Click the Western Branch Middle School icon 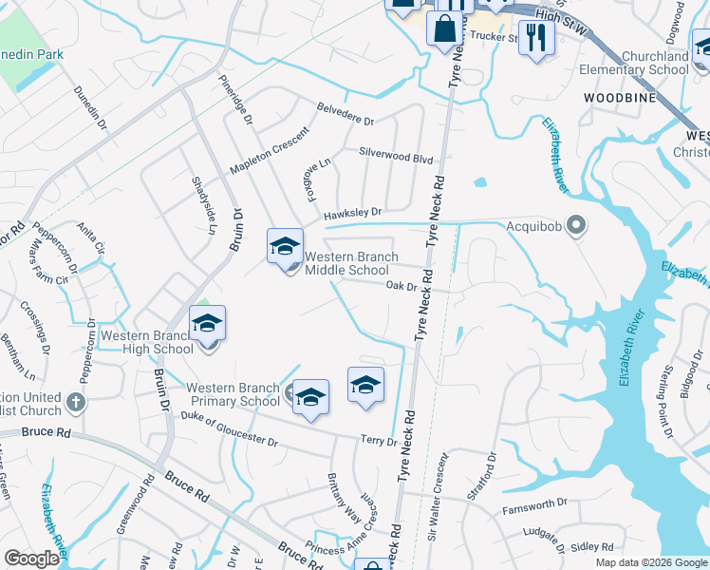[285, 247]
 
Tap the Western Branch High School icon [207, 324]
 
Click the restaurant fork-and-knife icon [537, 37]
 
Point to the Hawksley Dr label [352, 213]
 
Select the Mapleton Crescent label [271, 152]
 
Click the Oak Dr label [402, 285]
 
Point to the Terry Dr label [378, 441]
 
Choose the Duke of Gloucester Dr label [229, 428]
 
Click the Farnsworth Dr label [534, 503]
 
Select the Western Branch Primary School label [233, 394]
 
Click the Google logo [32, 559]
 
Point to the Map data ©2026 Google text [651, 562]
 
